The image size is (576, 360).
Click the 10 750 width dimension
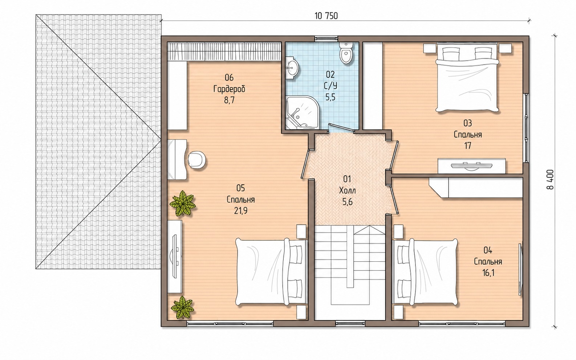coord(326,16)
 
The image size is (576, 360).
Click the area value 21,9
coord(241,211)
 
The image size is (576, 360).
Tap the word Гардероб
coord(229,89)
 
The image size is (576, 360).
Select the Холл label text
coord(348,191)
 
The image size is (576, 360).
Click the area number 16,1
coord(488,273)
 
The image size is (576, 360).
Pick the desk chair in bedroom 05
coord(197,160)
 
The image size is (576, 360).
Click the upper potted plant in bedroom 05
coord(183,203)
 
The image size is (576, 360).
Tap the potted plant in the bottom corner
coord(182,308)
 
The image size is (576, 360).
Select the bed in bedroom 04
coord(426,273)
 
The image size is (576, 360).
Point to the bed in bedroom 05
coord(272,272)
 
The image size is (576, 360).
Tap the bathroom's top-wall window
coord(326,39)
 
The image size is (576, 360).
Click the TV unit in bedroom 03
coord(472,166)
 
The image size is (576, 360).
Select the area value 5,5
coord(330,97)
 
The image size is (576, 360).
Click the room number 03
coord(467,123)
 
